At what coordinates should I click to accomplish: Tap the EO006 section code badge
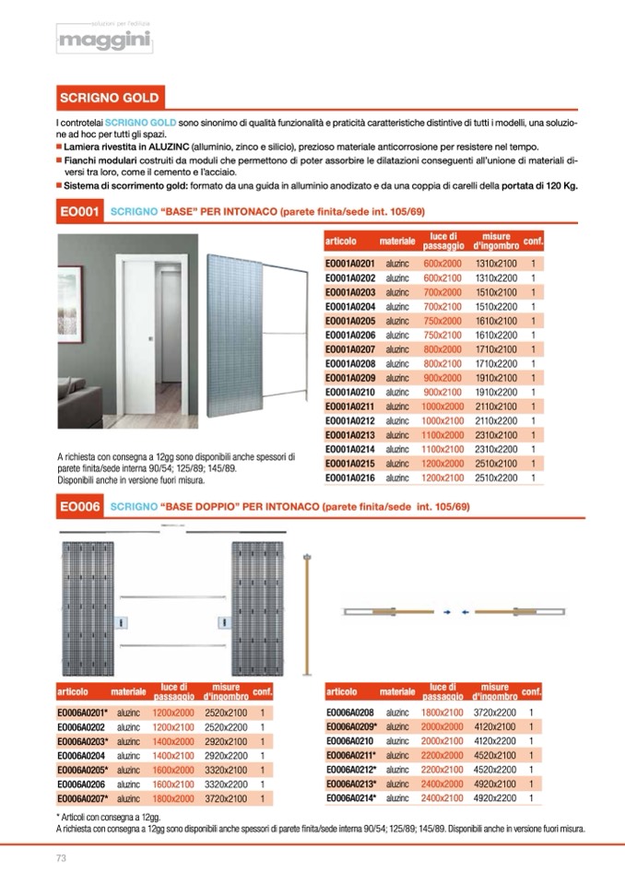coord(78,506)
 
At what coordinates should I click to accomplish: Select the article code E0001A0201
coord(350,264)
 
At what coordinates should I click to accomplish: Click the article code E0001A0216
coord(350,477)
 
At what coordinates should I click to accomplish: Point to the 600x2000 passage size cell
coord(442,264)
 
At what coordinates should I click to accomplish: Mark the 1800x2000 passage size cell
coord(172,798)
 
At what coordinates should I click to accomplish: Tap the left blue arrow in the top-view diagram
coord(446,611)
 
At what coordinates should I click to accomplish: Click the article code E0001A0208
coord(350,363)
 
